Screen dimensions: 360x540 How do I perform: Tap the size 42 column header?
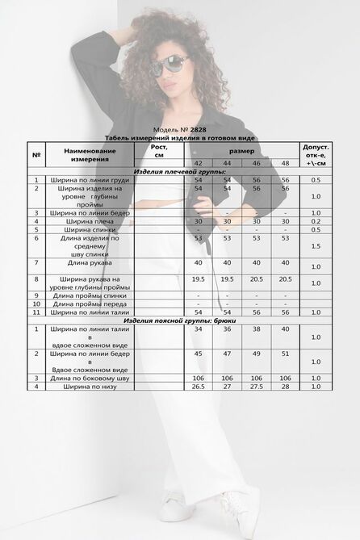click(x=199, y=162)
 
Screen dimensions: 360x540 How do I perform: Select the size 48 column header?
click(x=285, y=162)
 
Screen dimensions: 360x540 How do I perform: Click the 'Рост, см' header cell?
click(x=159, y=151)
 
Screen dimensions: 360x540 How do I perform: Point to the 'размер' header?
click(x=241, y=151)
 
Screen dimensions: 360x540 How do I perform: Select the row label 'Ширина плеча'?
click(x=91, y=220)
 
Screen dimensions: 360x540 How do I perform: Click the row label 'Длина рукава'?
click(x=91, y=263)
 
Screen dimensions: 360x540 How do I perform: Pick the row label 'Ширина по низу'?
click(x=91, y=386)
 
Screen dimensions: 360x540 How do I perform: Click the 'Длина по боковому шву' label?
click(x=91, y=378)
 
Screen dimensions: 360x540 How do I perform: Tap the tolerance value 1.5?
click(x=315, y=245)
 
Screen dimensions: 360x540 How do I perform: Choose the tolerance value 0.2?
click(x=315, y=220)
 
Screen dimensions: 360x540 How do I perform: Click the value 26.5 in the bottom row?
click(x=199, y=386)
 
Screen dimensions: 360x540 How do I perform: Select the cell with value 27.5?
click(x=256, y=386)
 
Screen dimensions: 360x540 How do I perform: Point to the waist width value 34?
click(x=199, y=329)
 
